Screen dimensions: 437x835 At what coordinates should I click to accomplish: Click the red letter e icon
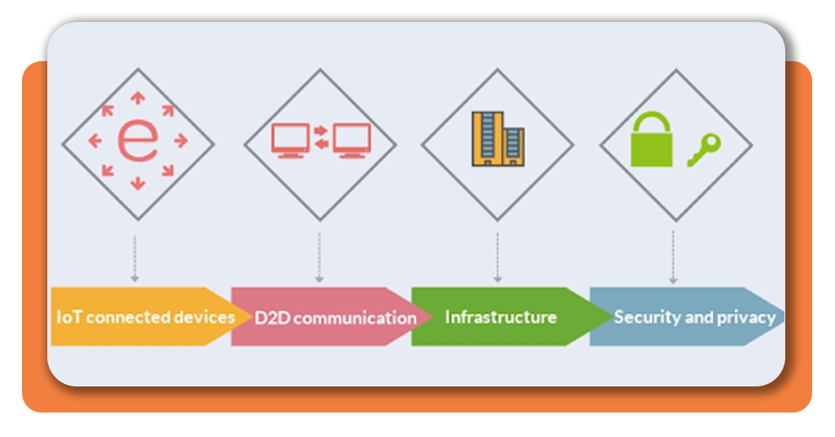[138, 142]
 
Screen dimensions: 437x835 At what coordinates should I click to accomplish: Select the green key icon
[703, 150]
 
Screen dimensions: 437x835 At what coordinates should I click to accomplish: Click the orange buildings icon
[497, 139]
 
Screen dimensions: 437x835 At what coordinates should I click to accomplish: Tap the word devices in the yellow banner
[204, 317]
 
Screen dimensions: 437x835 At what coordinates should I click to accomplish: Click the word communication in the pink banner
[355, 318]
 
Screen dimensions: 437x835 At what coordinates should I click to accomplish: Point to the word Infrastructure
[501, 317]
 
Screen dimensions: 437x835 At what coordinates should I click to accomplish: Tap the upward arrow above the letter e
[138, 98]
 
